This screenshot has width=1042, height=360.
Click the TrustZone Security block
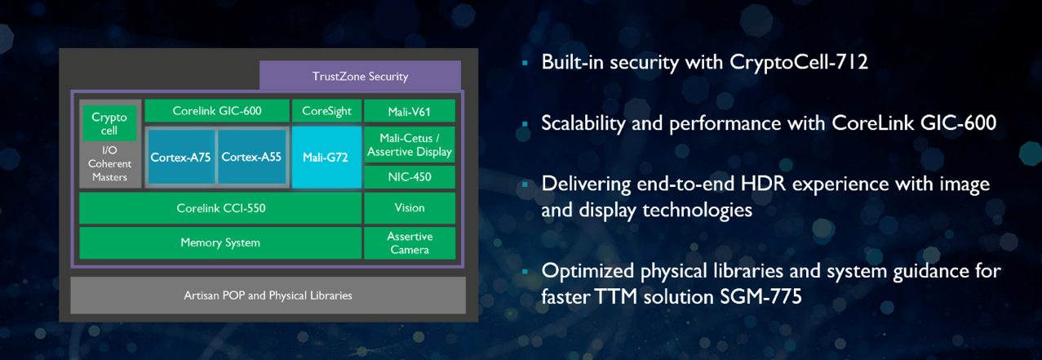pyautogui.click(x=360, y=76)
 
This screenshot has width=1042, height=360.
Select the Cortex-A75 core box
pyautogui.click(x=180, y=157)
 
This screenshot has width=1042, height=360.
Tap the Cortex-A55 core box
pyautogui.click(x=251, y=157)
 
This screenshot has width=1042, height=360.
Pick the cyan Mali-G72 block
pyautogui.click(x=326, y=157)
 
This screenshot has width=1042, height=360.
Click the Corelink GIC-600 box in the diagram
pyautogui.click(x=217, y=110)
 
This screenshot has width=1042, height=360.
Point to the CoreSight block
pyautogui.click(x=326, y=110)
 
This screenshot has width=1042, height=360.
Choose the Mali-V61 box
pyautogui.click(x=409, y=111)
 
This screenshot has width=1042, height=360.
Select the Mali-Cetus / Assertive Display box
pyautogui.click(x=409, y=144)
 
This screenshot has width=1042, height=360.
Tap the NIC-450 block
pyautogui.click(x=409, y=176)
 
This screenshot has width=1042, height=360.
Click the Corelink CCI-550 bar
pyautogui.click(x=220, y=208)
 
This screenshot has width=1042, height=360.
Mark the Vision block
pyautogui.click(x=409, y=208)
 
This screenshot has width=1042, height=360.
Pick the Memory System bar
pyautogui.click(x=220, y=242)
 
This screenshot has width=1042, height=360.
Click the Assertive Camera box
pyautogui.click(x=409, y=242)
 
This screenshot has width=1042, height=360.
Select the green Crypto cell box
pyautogui.click(x=109, y=123)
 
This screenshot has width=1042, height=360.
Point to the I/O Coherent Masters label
pyautogui.click(x=109, y=163)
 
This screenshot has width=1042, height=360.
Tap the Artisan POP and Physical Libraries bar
pyautogui.click(x=268, y=295)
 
